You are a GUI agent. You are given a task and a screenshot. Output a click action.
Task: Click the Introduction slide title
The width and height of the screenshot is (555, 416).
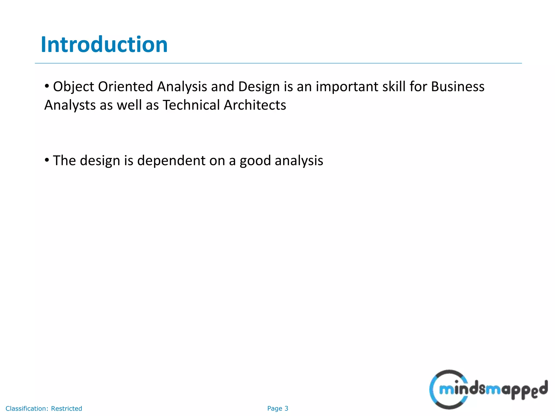pos(104,44)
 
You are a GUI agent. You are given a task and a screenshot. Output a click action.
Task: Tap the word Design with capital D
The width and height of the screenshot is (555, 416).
pos(259,87)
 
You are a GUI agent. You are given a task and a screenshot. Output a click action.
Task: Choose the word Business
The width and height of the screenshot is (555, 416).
pos(457,87)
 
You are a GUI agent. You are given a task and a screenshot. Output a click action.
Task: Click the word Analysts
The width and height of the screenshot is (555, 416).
pos(70,105)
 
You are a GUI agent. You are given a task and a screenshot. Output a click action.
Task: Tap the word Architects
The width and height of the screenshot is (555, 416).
pos(255,105)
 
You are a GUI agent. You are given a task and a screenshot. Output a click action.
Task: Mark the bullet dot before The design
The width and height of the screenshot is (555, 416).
pos(47,160)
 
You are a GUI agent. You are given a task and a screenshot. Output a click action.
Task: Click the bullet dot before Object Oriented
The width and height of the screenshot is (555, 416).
pos(47,86)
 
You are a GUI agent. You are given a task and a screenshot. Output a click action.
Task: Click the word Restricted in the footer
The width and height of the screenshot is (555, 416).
pos(66,408)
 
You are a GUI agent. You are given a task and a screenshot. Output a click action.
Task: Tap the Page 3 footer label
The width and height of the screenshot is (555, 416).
pos(277,408)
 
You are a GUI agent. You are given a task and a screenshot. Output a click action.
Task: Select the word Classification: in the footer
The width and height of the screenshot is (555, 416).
pos(27,408)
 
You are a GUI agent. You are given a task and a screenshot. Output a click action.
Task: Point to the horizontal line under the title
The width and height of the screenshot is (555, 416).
pos(278,63)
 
